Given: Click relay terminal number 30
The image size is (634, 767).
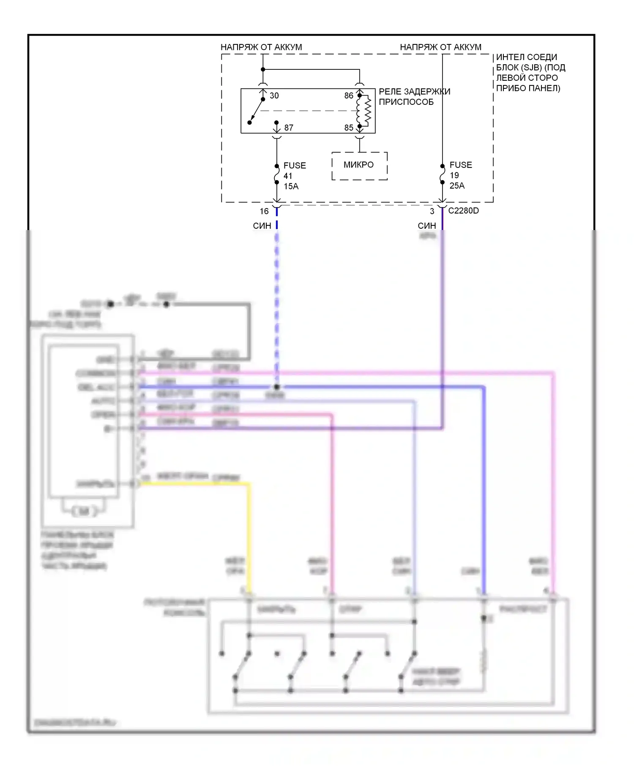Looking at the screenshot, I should pos(274,96).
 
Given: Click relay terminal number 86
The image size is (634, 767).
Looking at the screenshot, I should pos(348,96).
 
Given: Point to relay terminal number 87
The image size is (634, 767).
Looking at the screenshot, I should pos(289,128).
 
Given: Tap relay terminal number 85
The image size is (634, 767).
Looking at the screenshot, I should pos(348,128).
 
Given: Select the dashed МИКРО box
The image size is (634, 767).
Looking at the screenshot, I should pos(359,165).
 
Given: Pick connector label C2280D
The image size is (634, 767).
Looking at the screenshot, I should pos(463,211).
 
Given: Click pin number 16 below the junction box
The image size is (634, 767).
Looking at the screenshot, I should pos(264,211).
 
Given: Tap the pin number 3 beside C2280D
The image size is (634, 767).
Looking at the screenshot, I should pos(432,211).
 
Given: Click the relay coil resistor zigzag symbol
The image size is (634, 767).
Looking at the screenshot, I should pos(367,111).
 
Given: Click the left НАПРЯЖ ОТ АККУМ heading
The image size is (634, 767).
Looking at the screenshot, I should pos(261,47).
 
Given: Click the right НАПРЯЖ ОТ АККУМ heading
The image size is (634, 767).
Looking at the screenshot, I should pos(440,47).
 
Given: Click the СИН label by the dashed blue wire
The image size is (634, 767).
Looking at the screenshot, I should pos(262,226).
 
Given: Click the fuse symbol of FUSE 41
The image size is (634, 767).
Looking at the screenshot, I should pos(277,174).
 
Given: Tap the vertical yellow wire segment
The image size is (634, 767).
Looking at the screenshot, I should pos(249,537).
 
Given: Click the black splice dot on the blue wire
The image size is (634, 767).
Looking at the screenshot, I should pos(276,387).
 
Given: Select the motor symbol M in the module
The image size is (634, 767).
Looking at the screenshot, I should pos(84,512).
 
